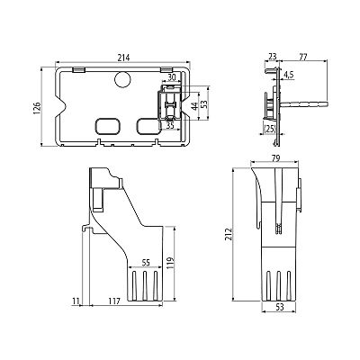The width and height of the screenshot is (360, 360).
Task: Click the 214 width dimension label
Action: coord(123,58)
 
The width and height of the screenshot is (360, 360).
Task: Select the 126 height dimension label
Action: coord(37,107)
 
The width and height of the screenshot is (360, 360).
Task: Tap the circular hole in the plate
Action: coord(123,79)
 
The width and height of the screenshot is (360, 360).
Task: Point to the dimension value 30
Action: coord(172,77)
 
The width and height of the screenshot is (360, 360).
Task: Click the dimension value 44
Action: coord(195,106)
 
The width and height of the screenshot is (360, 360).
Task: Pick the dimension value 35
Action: coord(170,125)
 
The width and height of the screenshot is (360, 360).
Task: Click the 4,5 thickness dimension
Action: coord(289,75)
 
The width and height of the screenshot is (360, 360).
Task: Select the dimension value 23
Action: coord(273,57)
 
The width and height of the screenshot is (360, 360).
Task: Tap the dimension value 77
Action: coord(303,57)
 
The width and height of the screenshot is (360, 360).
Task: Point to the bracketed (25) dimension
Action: coord(269,129)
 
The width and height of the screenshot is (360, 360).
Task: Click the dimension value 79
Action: coord(274,158)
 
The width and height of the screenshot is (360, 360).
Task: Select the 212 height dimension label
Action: coord(229,234)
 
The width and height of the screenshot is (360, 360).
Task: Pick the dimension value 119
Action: coord(170,263)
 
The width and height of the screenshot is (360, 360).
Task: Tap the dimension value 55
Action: coord(145,263)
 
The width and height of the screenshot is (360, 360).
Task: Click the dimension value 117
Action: coord(114,301)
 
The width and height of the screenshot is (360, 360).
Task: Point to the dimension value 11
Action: coord(76,301)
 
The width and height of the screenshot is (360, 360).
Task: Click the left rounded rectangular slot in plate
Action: coord(108,126)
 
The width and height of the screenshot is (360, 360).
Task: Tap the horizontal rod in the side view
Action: coord(303,104)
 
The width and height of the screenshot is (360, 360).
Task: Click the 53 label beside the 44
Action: coord(204,104)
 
